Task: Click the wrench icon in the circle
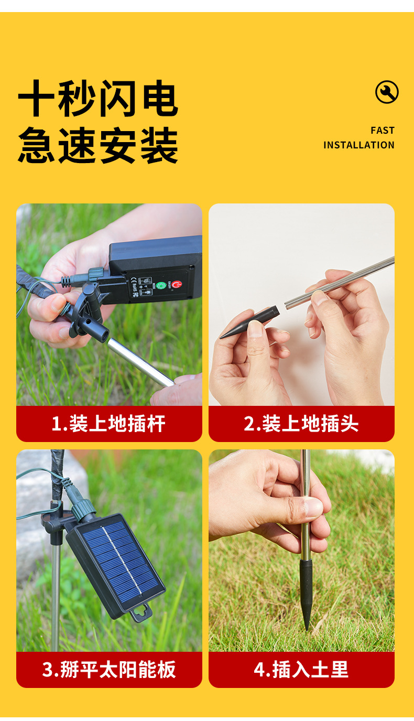[x=387, y=92]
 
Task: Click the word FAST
[x=383, y=131]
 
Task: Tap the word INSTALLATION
[x=359, y=145]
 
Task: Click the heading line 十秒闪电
[x=98, y=98]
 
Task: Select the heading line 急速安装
[x=98, y=145]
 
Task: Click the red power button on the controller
[x=176, y=285]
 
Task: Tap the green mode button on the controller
[x=161, y=285]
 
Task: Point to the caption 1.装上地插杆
[x=108, y=423]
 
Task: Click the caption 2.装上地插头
[x=301, y=423]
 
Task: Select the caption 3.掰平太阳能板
[x=108, y=670]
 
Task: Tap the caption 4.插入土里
[x=301, y=670]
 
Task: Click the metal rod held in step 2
[x=340, y=283]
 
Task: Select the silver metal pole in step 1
[x=140, y=362]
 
